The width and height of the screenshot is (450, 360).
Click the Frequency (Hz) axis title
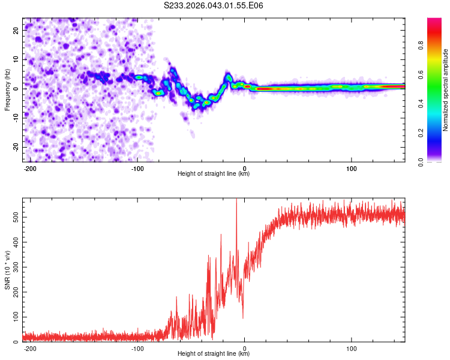coord(7,89)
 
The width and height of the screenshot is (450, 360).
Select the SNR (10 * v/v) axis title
coord(7,269)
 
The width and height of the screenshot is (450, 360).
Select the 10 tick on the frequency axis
coord(16,59)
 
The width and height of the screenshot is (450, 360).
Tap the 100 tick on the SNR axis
coord(13,316)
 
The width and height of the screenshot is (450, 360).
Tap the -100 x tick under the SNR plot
coord(137,347)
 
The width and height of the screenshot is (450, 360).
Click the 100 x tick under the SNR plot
coord(352,347)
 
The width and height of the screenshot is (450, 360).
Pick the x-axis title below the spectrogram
coord(214,174)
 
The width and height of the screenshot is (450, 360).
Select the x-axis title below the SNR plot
coord(214,354)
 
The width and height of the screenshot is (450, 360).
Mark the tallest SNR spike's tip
coord(236,199)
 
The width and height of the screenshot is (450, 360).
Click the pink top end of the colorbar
coord(434,20)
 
